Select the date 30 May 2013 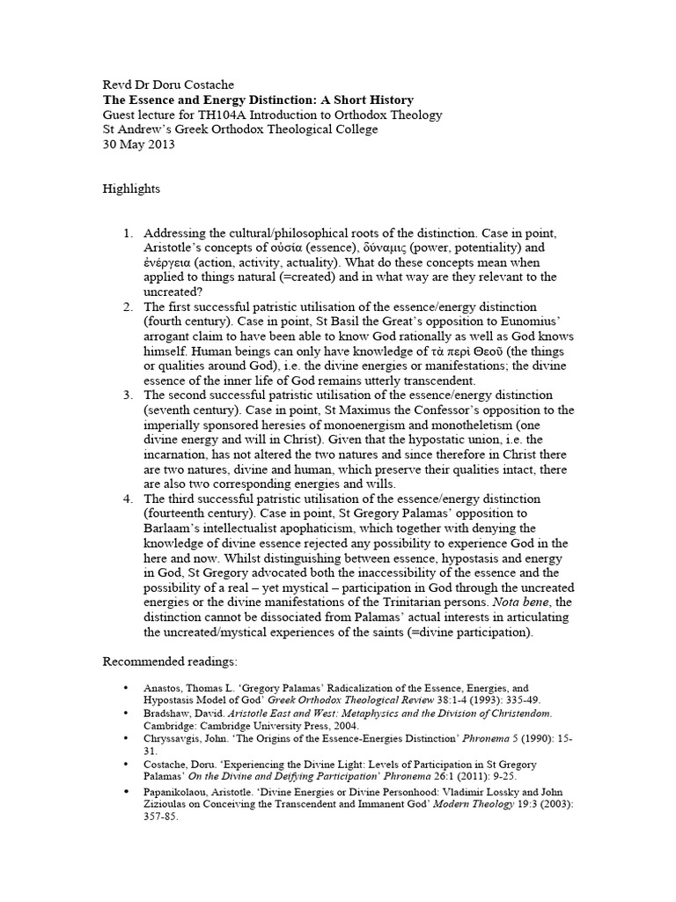pos(139,144)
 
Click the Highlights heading pos(131,189)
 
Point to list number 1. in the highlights pos(128,233)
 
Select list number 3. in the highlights pos(128,394)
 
